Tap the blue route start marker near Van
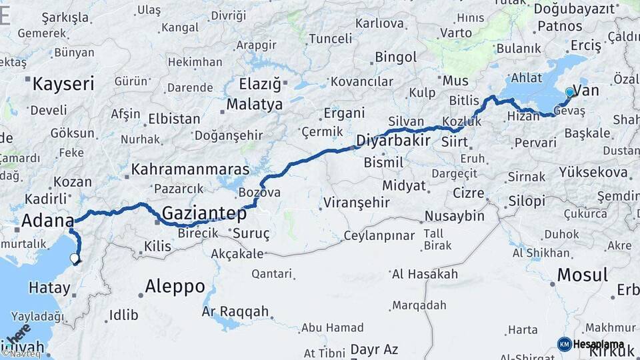(x=569, y=92)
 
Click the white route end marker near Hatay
(x=74, y=259)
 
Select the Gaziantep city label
(x=204, y=214)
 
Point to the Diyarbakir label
(x=392, y=141)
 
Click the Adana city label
(x=47, y=220)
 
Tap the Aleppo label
(x=175, y=287)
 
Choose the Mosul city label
(x=582, y=275)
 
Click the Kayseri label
(x=63, y=84)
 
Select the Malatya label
(x=255, y=105)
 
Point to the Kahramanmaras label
(x=190, y=169)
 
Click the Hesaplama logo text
(x=599, y=344)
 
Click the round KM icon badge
(x=564, y=344)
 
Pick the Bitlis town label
(x=465, y=101)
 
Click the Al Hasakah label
(x=425, y=274)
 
